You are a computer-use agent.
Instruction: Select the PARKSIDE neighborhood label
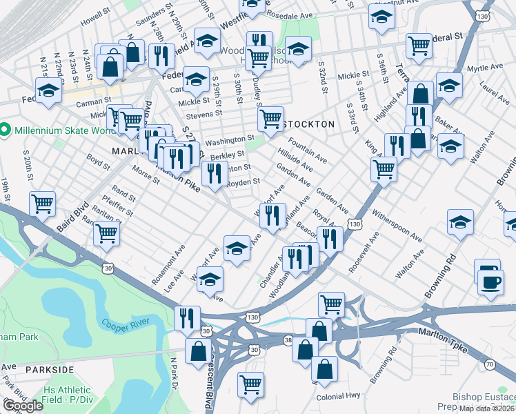49,370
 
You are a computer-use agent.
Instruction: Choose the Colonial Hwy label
339,397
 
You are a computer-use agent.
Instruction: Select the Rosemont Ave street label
170,262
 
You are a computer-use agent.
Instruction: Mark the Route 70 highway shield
490,364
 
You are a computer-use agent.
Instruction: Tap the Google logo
22,406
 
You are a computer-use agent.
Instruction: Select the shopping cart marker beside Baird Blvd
43,203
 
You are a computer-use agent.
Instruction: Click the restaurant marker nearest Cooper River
187,317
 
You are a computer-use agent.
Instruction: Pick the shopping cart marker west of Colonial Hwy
250,383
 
